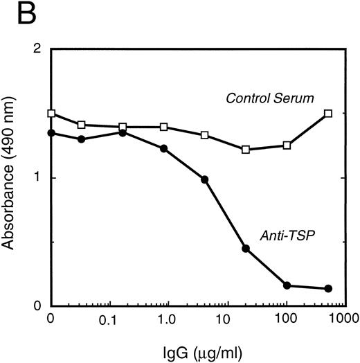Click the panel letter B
(15, 16)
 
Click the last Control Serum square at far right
(328, 114)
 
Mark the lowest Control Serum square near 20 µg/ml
(246, 150)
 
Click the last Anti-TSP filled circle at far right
(328, 289)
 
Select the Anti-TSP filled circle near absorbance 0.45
(246, 248)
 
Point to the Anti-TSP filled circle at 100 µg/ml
(287, 285)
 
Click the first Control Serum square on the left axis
(50, 114)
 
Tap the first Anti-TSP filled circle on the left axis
(50, 133)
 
